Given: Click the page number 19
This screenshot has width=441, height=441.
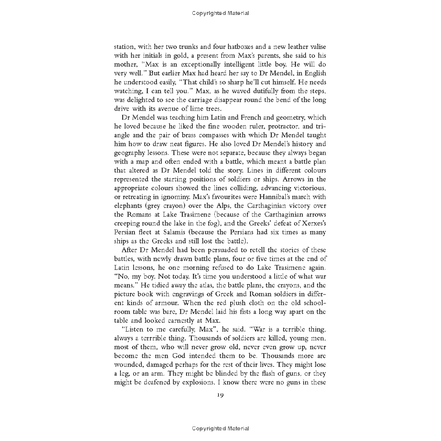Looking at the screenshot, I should pyautogui.click(x=220, y=395).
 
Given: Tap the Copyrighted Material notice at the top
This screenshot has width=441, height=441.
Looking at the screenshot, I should pyautogui.click(x=220, y=13).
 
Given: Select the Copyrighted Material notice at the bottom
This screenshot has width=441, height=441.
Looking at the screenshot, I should pyautogui.click(x=220, y=428).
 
